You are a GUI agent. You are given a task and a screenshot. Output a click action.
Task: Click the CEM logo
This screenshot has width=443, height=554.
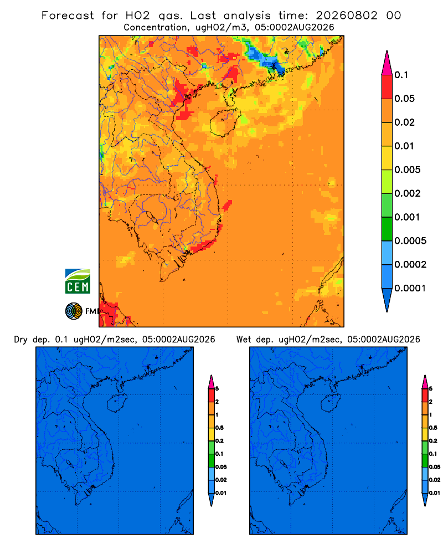click(78, 281)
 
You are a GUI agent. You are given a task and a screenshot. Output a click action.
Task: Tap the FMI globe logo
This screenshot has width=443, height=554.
click(74, 311)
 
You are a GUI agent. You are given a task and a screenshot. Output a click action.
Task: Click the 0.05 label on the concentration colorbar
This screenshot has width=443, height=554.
click(404, 99)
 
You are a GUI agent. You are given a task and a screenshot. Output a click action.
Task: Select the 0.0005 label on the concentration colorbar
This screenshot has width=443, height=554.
click(410, 241)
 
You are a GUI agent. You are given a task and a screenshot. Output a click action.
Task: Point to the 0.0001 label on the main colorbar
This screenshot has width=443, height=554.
click(410, 288)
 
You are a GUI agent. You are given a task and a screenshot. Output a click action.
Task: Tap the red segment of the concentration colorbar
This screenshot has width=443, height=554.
click(387, 87)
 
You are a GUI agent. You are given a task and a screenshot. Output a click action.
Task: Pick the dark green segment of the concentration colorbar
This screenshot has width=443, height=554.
click(387, 229)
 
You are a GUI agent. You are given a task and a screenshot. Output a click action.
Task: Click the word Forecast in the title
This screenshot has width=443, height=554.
click(68, 16)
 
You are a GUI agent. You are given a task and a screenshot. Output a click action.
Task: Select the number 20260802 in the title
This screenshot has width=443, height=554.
click(347, 16)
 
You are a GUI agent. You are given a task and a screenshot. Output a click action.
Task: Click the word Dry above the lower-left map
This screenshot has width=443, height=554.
click(20, 340)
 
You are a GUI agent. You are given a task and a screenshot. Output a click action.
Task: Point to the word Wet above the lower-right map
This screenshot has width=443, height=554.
click(244, 340)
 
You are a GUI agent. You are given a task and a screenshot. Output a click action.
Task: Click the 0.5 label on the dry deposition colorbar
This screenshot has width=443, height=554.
click(219, 428)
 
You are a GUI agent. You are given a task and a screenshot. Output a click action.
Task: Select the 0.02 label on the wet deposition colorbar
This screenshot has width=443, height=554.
click(435, 480)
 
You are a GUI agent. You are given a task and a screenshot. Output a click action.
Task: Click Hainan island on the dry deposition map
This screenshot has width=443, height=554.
click(116, 403)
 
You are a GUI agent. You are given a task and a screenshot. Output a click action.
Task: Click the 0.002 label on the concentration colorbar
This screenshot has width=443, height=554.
click(408, 193)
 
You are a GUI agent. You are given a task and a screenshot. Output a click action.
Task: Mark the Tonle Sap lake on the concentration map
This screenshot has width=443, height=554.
click(150, 216)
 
